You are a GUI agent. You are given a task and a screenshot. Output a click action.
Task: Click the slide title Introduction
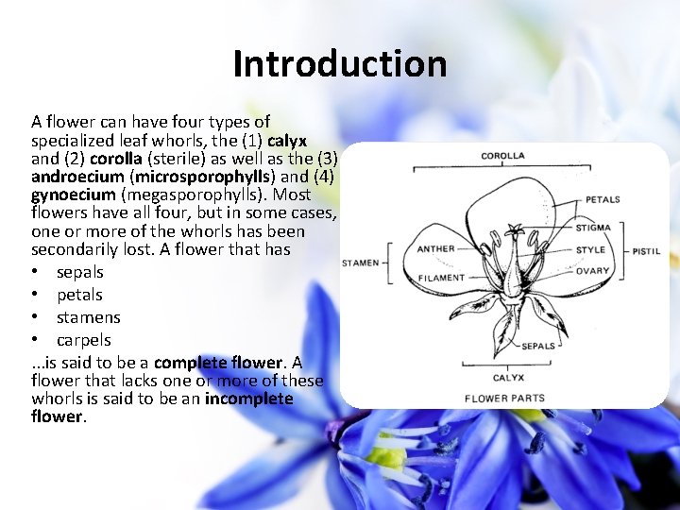click(x=340, y=64)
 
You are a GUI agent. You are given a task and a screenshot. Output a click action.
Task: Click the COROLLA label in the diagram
click(x=503, y=156)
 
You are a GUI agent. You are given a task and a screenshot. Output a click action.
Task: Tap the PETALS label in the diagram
click(x=603, y=199)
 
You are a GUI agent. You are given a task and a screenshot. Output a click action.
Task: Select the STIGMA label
click(x=593, y=228)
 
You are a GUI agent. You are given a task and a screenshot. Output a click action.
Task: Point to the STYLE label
click(x=590, y=250)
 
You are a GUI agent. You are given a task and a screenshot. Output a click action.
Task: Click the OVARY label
click(x=592, y=271)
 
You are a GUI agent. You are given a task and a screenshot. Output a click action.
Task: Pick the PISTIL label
click(x=646, y=251)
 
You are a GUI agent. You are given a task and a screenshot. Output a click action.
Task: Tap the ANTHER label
click(x=435, y=249)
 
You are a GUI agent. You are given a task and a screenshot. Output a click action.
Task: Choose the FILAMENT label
click(x=441, y=278)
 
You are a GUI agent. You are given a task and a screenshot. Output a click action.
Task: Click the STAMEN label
click(x=360, y=263)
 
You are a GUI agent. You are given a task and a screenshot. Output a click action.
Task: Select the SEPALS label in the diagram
click(x=538, y=346)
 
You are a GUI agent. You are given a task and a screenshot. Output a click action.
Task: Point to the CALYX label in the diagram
click(x=508, y=378)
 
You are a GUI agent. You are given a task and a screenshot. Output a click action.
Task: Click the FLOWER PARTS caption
click(x=504, y=399)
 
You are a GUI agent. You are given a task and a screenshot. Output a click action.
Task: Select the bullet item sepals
click(x=80, y=272)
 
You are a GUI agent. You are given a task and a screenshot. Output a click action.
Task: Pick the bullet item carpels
click(x=84, y=340)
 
